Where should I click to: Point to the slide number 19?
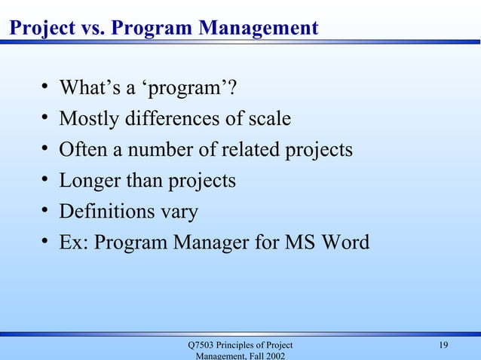coord(443,346)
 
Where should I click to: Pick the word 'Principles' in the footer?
coord(244,346)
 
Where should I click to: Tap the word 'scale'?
coord(268,119)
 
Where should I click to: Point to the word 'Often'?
coord(82,150)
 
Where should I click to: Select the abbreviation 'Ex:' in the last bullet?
coord(74,243)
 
